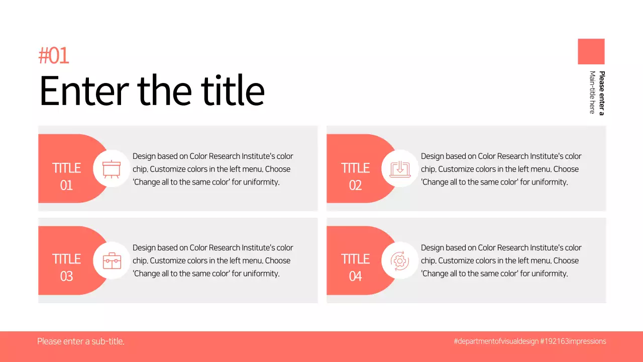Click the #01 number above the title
[x=54, y=56]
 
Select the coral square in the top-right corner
[x=591, y=51]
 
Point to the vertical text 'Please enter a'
[x=601, y=93]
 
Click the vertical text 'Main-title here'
[x=592, y=93]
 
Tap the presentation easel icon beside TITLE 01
[x=111, y=168]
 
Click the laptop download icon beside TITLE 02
[x=400, y=168]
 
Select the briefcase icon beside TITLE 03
[x=112, y=260]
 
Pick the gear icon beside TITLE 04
[x=400, y=260]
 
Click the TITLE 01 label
[x=66, y=176]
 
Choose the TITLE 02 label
[x=355, y=176]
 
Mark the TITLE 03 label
[x=66, y=267]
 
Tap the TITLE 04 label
[x=355, y=267]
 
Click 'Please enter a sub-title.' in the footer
[x=81, y=341]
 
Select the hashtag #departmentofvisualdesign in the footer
[x=496, y=341]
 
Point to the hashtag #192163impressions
[x=573, y=341]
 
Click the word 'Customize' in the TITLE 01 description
[x=168, y=169]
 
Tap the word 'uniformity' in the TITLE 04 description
[x=550, y=274]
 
